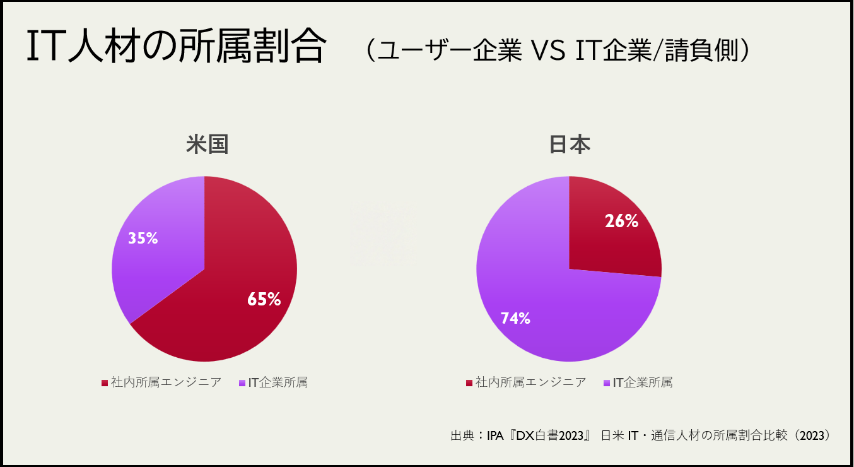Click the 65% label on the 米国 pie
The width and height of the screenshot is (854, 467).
click(264, 299)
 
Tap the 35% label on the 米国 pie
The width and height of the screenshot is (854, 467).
click(143, 238)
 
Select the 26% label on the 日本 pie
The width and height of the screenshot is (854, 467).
click(621, 221)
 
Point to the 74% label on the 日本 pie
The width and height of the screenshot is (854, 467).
click(515, 318)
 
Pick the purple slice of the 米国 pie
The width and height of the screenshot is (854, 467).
click(158, 265)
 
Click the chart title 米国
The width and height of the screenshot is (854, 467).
click(207, 145)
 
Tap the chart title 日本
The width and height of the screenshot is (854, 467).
click(570, 145)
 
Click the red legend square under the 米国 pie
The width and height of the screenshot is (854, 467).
click(105, 383)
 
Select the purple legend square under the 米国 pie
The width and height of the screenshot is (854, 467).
click(243, 383)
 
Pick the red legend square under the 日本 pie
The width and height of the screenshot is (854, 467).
click(469, 383)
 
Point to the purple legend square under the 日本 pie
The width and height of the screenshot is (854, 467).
click(607, 383)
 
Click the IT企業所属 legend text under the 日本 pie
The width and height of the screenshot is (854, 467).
click(643, 382)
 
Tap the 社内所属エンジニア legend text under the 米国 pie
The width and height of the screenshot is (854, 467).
click(166, 382)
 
